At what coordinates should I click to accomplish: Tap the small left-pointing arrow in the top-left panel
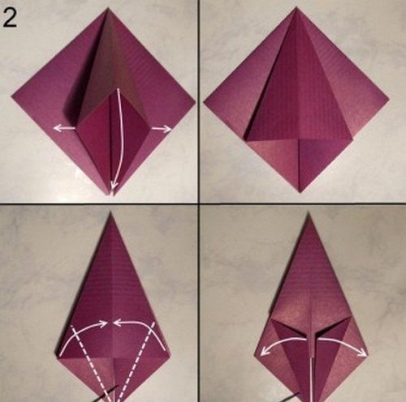coord(64,128)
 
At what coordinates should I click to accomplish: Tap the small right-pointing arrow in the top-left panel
coord(162,129)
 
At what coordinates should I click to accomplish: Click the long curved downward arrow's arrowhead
coord(114,186)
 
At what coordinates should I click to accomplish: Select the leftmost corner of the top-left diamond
coord(12,96)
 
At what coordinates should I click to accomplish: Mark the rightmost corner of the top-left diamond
coord(195,102)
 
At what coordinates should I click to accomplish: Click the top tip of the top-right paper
coord(296,8)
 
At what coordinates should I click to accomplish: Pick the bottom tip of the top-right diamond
coord(300,192)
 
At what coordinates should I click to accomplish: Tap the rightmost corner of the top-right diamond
coord(389,97)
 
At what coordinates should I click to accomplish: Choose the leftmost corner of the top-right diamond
coord(204,102)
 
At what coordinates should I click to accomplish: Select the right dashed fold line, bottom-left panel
coord(136,361)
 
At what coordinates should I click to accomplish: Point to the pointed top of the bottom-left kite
coord(110,212)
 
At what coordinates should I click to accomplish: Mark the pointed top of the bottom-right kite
coord(309,213)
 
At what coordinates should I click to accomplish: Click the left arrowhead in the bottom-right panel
coord(264,351)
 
